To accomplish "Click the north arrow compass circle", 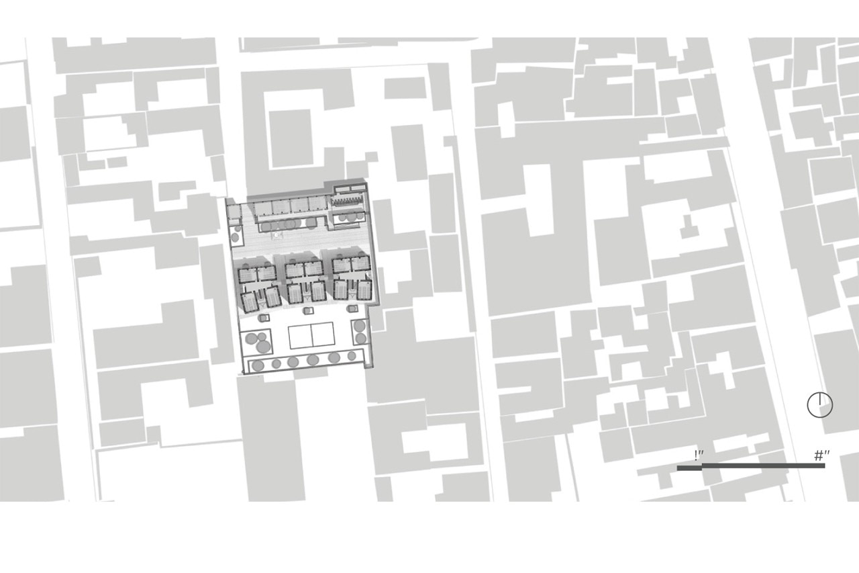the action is click(x=820, y=405).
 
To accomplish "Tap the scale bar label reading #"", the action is click(x=822, y=455).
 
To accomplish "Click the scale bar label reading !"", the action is click(x=699, y=455).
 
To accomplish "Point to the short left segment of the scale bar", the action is click(x=689, y=468).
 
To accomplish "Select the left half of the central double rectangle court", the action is click(x=300, y=335).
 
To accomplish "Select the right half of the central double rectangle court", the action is click(x=323, y=335).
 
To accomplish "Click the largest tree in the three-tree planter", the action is click(x=263, y=347).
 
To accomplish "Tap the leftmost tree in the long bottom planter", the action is click(x=257, y=365).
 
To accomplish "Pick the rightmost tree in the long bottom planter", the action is click(x=351, y=356).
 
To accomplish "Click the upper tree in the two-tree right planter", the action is click(x=359, y=326).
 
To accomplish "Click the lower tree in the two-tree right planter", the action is click(x=360, y=339).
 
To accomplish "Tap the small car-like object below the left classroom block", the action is click(x=264, y=317).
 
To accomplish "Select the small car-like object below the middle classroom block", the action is click(x=307, y=310).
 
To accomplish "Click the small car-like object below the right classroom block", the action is click(x=352, y=308).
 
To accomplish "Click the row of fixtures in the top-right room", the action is click(x=347, y=200).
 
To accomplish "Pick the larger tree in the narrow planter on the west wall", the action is click(x=236, y=237).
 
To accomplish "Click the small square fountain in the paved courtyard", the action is click(x=276, y=234).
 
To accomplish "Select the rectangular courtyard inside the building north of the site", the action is click(x=291, y=138).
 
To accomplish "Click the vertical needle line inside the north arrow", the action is click(x=820, y=399).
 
